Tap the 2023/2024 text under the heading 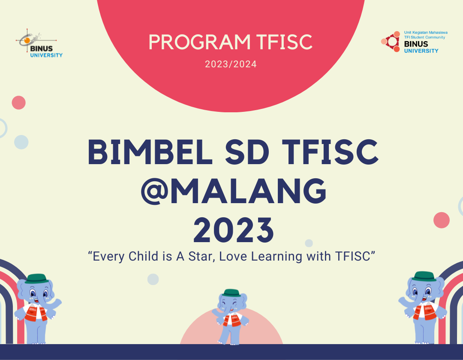coord(231,65)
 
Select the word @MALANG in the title coord(234,192)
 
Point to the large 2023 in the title coord(234,230)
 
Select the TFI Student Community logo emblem coord(391,42)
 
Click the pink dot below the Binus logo coord(18,102)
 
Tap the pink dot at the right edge coord(442,220)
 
